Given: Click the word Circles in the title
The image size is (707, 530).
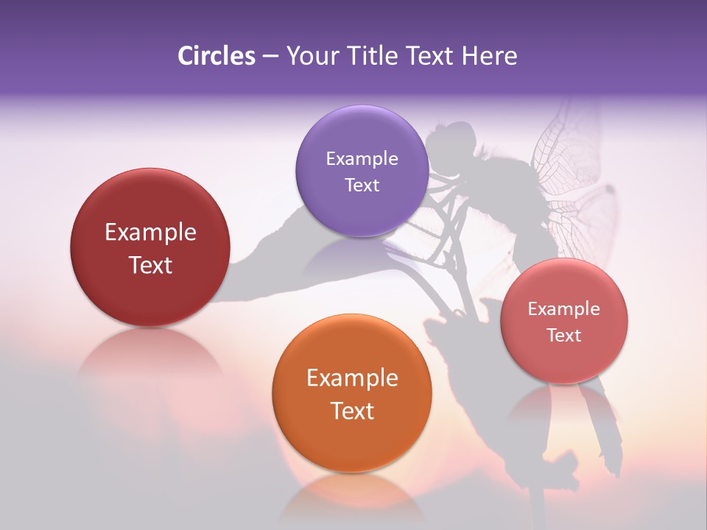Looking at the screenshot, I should pos(216,56).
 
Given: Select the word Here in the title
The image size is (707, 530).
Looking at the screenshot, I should pos(489,56).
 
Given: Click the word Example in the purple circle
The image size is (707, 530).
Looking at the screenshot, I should pos(362,158).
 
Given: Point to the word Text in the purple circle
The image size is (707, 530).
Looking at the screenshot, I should pos(362,185).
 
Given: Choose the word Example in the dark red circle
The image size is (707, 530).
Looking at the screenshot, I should pos(150,233).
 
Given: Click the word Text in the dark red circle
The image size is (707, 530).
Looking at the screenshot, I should pos(150,265).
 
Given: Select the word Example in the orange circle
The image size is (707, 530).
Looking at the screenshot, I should pos(352,378).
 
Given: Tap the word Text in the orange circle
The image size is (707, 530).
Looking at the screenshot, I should pos(352,411).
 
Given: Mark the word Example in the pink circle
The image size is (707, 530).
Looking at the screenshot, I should pos(564,308).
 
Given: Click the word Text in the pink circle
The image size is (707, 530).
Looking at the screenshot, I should pos(564,335).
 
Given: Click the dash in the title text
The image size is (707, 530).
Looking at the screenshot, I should pos(270,57).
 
